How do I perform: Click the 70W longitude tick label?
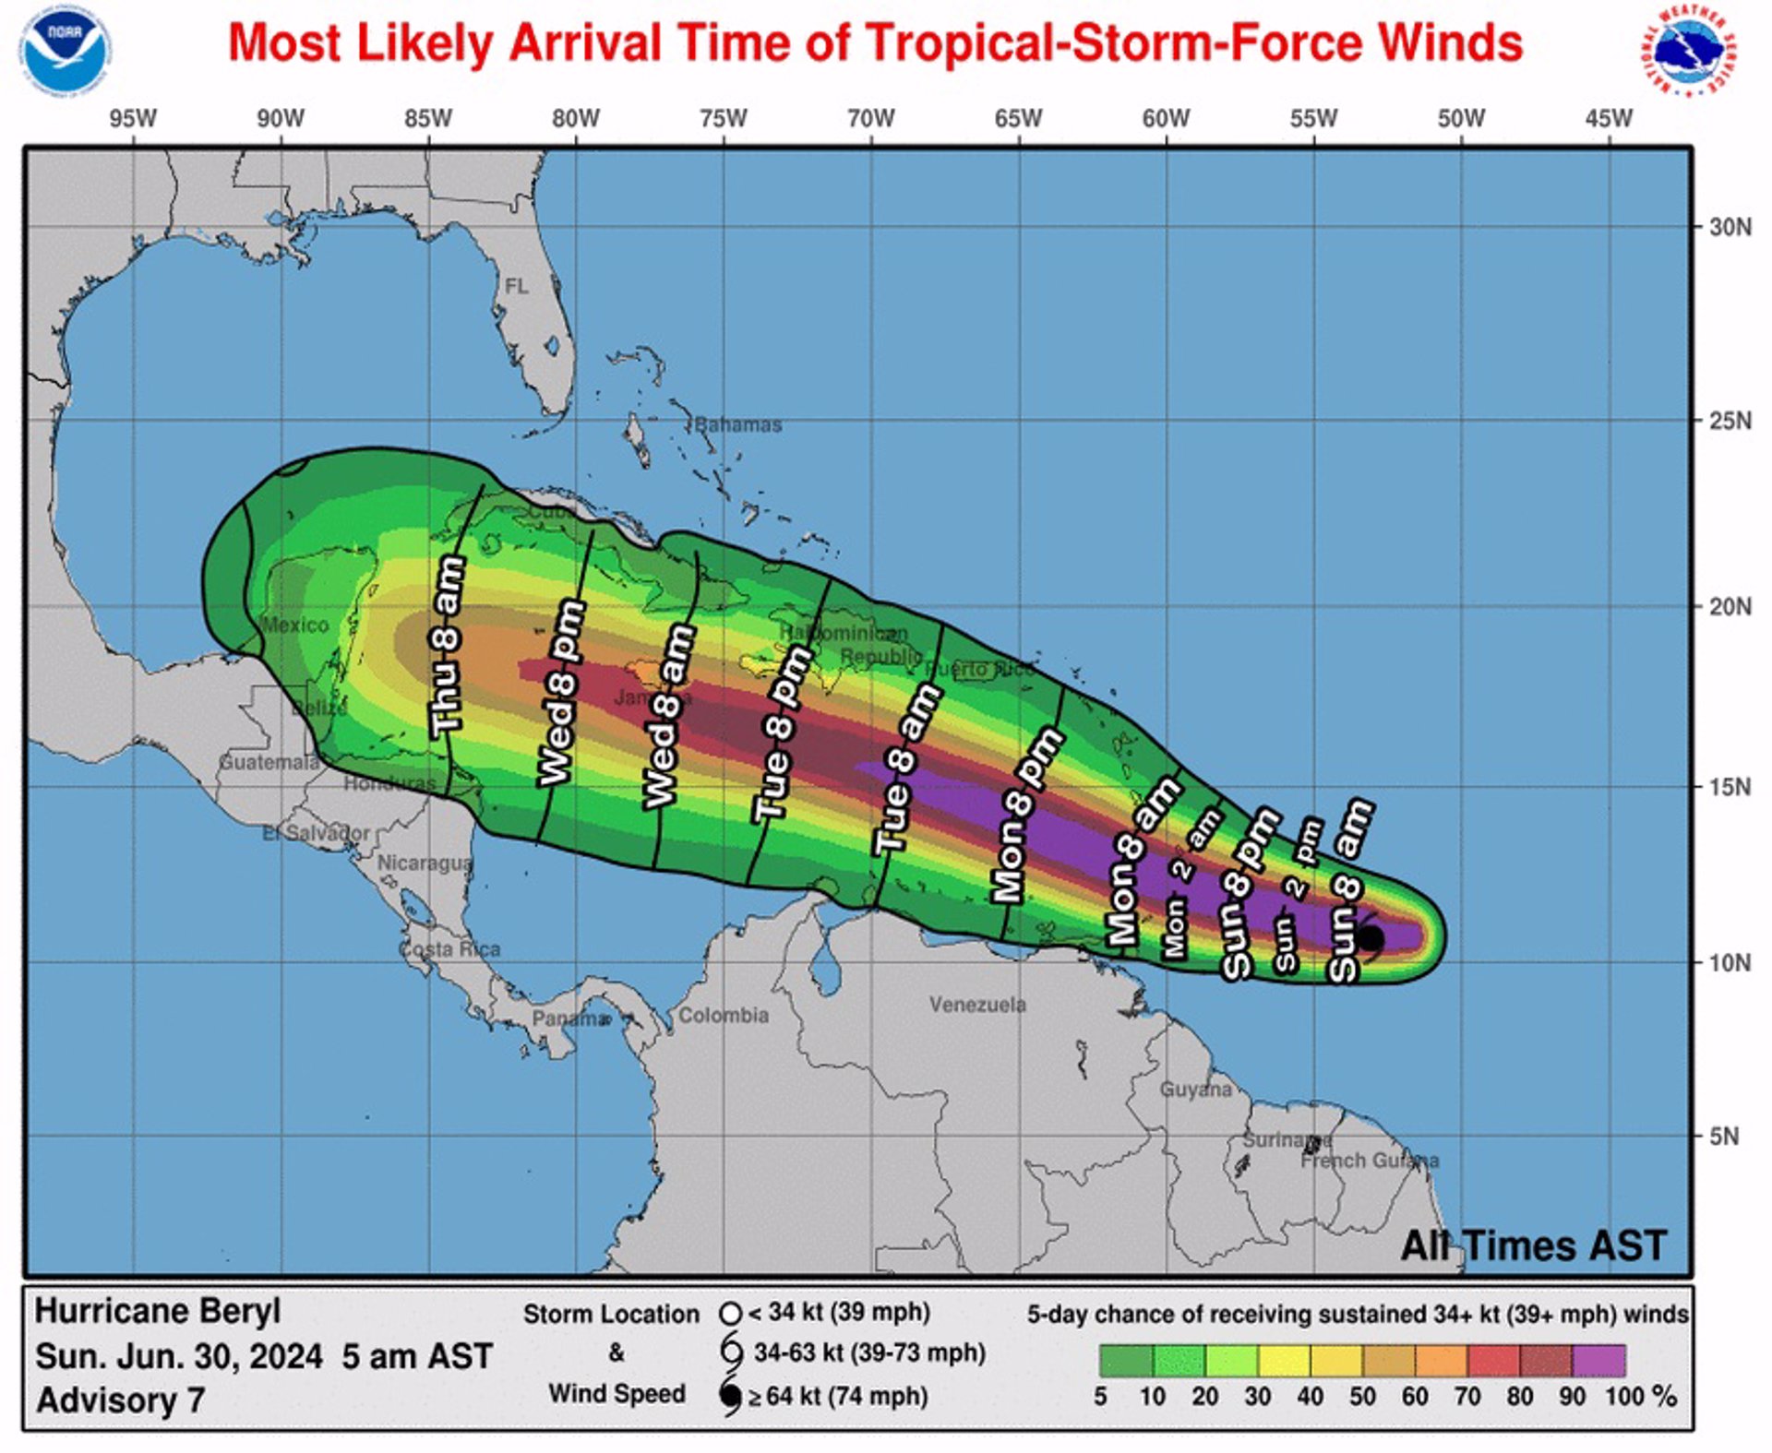(870, 119)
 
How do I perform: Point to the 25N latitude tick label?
(1729, 421)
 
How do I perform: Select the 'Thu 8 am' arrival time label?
(447, 646)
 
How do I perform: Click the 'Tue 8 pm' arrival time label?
(781, 733)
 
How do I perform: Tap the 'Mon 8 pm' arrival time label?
(1025, 815)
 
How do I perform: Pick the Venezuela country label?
(976, 1004)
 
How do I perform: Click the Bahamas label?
(737, 424)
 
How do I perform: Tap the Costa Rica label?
(449, 948)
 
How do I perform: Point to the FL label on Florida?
(517, 286)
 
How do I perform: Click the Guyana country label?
(1195, 1090)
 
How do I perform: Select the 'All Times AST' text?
(1533, 1245)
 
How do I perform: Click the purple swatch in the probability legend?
(1598, 1360)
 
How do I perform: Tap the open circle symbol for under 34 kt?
(730, 1313)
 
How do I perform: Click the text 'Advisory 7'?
(120, 1399)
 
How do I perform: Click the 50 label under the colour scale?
(1361, 1396)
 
